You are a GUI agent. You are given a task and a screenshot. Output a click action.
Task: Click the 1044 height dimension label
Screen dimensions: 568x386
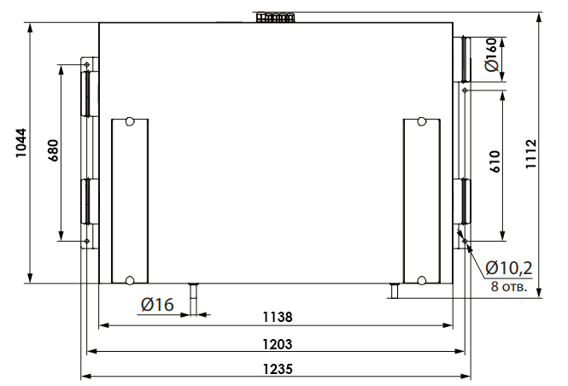(21, 143)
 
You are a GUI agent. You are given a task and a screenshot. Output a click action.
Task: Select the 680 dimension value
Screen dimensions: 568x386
(53, 150)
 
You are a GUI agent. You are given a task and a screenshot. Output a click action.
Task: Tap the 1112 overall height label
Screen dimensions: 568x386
(531, 154)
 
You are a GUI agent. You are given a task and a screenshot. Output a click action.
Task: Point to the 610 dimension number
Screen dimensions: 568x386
(495, 161)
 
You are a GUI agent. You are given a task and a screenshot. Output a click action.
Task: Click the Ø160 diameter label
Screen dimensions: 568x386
(492, 55)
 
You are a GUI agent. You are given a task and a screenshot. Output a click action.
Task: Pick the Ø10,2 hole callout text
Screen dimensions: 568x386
(508, 268)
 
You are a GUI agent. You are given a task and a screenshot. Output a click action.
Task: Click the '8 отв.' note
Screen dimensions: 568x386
(508, 286)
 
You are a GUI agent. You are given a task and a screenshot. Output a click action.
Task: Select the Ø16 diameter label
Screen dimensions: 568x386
(157, 305)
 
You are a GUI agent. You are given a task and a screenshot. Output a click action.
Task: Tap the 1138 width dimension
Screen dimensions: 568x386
(277, 317)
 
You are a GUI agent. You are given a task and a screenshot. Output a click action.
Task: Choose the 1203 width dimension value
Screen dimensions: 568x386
(277, 344)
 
